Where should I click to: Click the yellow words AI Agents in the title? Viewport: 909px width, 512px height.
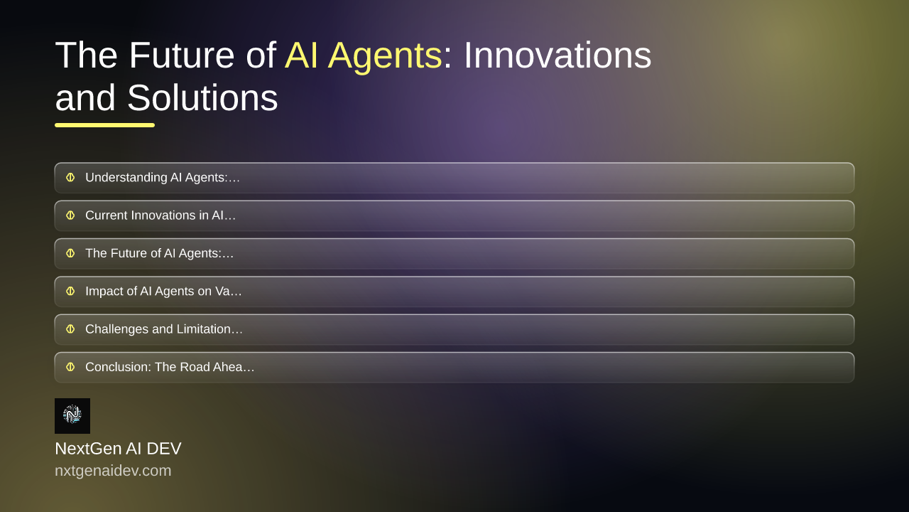[x=364, y=56]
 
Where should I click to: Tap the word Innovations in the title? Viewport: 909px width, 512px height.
[x=557, y=55]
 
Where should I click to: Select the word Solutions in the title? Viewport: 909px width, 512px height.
[x=202, y=97]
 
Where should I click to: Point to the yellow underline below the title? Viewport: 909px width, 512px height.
[x=104, y=125]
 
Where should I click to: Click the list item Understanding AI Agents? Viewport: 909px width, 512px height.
[x=163, y=178]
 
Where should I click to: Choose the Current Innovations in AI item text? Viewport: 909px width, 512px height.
[x=160, y=215]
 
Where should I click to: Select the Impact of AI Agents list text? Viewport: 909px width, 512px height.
[x=163, y=292]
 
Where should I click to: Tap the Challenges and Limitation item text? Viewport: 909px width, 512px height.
[x=164, y=329]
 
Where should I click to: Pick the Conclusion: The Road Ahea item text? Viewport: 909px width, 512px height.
[x=170, y=367]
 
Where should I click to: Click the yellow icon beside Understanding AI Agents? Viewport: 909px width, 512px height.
[x=70, y=178]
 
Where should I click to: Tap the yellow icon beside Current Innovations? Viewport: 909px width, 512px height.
[x=70, y=215]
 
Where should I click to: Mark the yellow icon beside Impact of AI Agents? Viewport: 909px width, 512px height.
[x=70, y=292]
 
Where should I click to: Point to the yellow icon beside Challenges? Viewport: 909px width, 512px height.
[x=70, y=329]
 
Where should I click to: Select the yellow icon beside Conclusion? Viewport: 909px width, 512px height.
[x=70, y=367]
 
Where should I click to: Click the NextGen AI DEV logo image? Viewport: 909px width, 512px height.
[x=72, y=416]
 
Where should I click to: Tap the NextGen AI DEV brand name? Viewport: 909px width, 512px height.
[x=118, y=449]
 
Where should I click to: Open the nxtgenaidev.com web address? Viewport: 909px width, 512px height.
[x=113, y=471]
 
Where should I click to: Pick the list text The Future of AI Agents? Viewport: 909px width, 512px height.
[x=160, y=254]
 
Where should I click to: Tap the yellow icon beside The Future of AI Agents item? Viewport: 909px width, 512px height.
[x=70, y=254]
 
